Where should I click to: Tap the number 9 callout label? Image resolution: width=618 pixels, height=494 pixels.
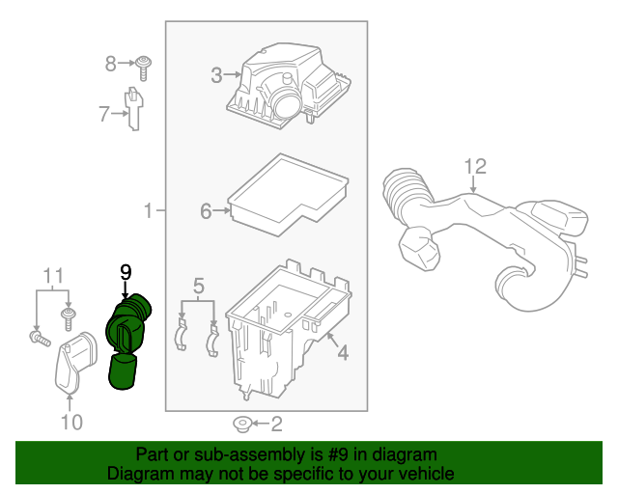click(125, 273)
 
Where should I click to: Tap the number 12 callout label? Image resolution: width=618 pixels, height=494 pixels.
click(474, 166)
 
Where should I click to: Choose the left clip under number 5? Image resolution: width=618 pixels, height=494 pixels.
click(182, 334)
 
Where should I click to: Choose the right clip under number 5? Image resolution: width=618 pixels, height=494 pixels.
click(214, 336)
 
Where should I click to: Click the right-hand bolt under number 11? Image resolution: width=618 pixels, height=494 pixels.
click(70, 316)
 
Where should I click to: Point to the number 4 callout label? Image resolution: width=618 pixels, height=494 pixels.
click(342, 353)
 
